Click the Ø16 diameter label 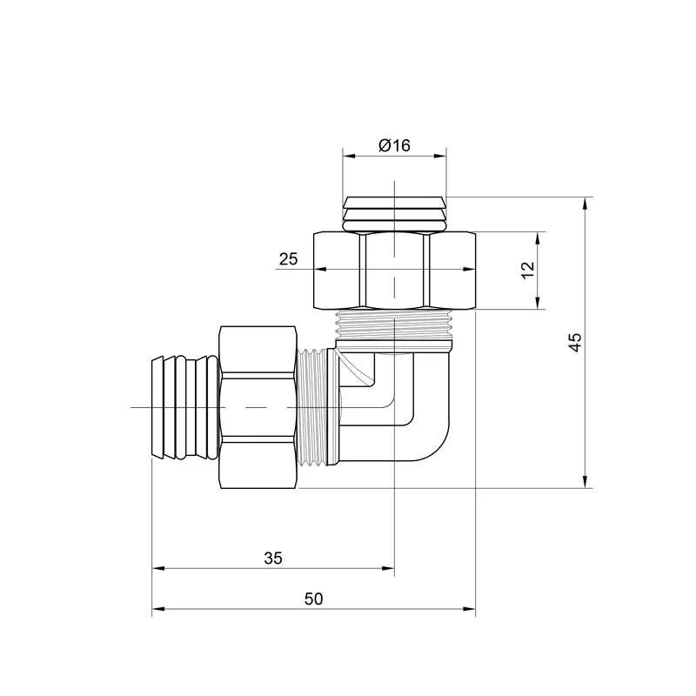click(x=395, y=145)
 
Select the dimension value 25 click(x=289, y=258)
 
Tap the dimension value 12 click(x=528, y=270)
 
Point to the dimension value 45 click(x=575, y=342)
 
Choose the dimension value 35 click(x=273, y=558)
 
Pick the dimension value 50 click(x=314, y=599)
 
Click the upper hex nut click(x=395, y=271)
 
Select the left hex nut click(x=258, y=407)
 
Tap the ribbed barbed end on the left click(x=185, y=407)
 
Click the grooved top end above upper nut click(x=394, y=214)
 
